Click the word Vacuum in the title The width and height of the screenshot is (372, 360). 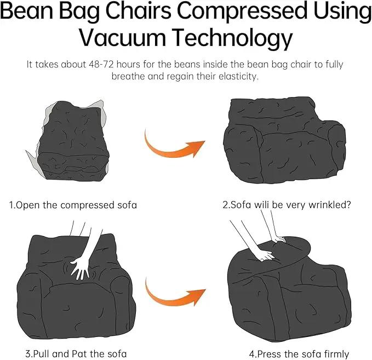[122, 37]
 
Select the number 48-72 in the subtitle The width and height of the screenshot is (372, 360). [101, 64]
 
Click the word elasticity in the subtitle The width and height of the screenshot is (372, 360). [238, 76]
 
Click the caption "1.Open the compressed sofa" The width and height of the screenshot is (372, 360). [73, 205]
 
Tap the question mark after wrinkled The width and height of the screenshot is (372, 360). [348, 204]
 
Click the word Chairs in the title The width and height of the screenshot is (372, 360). [138, 10]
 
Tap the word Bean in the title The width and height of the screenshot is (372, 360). [27, 10]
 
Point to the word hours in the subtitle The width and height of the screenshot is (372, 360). [128, 64]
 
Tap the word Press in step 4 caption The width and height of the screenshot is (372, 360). [270, 355]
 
